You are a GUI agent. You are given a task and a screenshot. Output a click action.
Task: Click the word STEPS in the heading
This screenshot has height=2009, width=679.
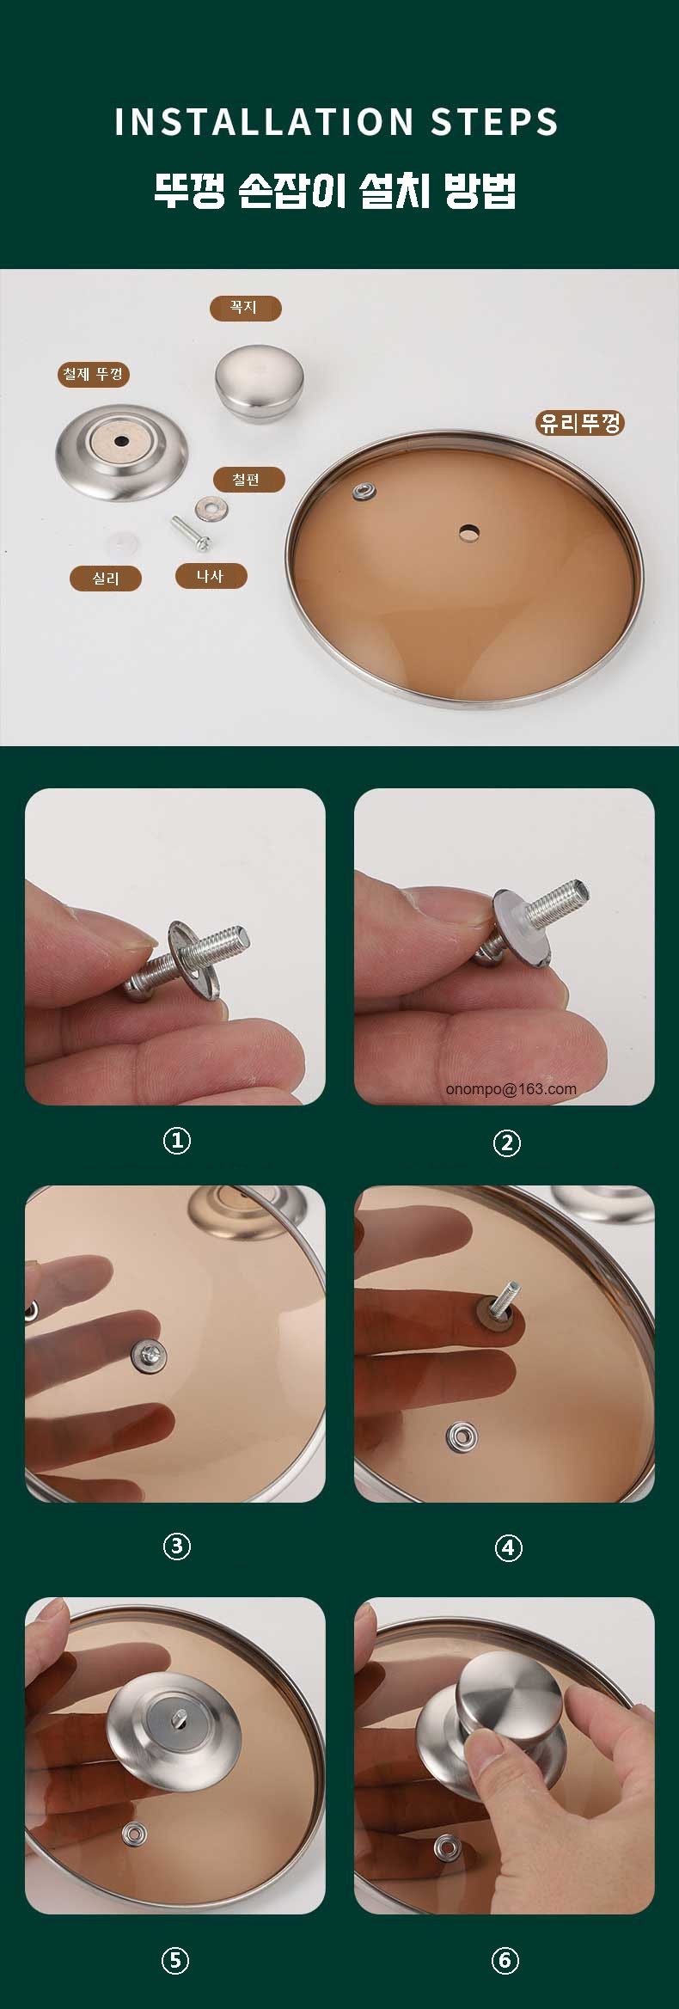point(495,122)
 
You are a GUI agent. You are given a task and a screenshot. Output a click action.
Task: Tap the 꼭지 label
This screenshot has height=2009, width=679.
point(245,308)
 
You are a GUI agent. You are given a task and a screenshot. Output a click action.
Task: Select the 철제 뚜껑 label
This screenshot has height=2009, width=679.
point(94,374)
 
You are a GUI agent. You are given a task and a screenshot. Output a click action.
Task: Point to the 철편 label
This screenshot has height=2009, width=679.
point(247,480)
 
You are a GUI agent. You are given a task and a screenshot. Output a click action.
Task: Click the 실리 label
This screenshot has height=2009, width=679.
point(106,579)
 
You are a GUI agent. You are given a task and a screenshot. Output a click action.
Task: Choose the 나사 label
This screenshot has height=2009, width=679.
point(211,576)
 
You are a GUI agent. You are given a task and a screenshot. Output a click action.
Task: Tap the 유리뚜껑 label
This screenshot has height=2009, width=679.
point(580,423)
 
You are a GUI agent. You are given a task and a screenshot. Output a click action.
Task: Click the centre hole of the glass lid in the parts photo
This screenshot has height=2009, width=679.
point(469,533)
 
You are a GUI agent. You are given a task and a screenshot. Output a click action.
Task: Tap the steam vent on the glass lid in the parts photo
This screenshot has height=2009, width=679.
point(364,491)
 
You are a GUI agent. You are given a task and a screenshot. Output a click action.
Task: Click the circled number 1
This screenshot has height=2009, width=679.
point(177,1141)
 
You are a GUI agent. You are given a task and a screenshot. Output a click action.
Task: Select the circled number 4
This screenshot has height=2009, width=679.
point(508,1547)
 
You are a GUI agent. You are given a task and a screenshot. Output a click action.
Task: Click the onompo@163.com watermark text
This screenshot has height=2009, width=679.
point(511,1088)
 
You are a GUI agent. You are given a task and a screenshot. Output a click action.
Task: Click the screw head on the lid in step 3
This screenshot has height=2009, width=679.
point(149,1356)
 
